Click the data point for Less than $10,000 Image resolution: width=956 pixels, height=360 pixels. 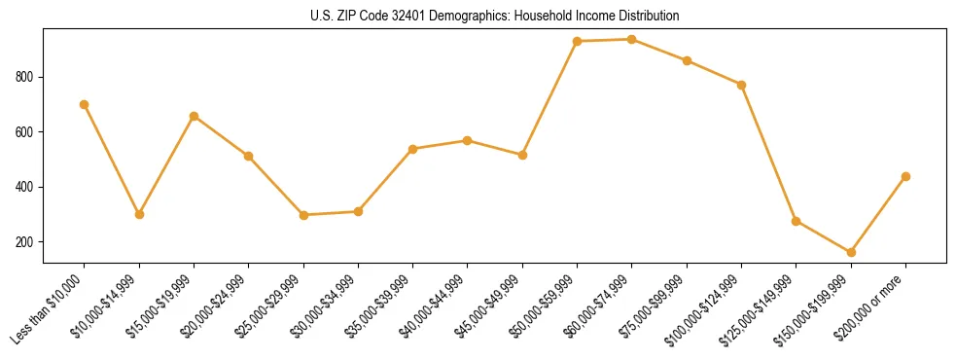tap(85, 104)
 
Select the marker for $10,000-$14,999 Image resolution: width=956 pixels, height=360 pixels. tap(139, 214)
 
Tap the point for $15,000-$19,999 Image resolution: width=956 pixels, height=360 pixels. tap(195, 116)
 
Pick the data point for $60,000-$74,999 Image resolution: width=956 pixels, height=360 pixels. tap(632, 39)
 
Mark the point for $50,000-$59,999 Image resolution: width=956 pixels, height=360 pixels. tap(578, 41)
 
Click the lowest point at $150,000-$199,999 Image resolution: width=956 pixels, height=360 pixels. tap(851, 252)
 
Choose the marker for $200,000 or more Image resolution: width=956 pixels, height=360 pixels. tap(905, 176)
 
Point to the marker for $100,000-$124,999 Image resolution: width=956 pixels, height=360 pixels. tap(741, 85)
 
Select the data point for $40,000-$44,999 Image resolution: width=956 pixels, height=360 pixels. tap(468, 140)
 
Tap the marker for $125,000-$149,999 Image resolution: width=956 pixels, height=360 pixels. tap(797, 221)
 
